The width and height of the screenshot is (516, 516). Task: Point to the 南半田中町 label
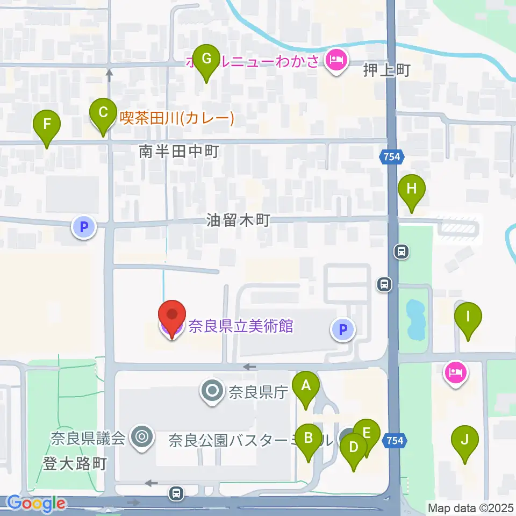coord(178,152)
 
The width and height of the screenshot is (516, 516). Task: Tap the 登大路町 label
coord(75,463)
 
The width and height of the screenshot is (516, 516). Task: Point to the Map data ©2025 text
coord(471,507)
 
